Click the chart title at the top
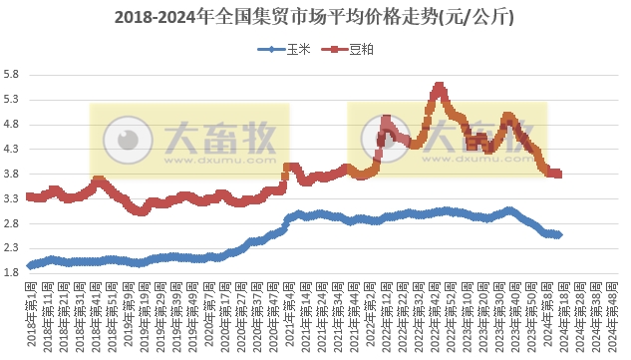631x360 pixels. (315, 17)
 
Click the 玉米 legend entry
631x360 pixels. (288, 47)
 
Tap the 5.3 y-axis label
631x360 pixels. (11, 101)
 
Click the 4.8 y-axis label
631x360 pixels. (11, 125)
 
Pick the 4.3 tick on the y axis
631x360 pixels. (11, 150)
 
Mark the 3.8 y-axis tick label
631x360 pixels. (11, 175)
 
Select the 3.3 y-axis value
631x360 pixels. (11, 198)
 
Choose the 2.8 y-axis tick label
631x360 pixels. (11, 223)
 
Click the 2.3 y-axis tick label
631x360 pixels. (11, 248)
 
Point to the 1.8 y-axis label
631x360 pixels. (11, 272)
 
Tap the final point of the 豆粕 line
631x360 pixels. (558, 175)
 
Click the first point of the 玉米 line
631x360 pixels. (30, 266)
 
